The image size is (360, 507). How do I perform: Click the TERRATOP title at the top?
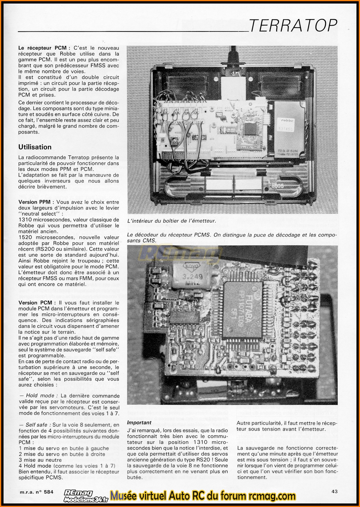[x=293, y=26]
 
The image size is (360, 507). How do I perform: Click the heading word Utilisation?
[x=35, y=147]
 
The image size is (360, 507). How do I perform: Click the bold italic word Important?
[x=139, y=423]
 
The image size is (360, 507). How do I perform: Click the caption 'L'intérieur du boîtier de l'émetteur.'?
[x=171, y=221]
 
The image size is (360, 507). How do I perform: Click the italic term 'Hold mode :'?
[x=40, y=396]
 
